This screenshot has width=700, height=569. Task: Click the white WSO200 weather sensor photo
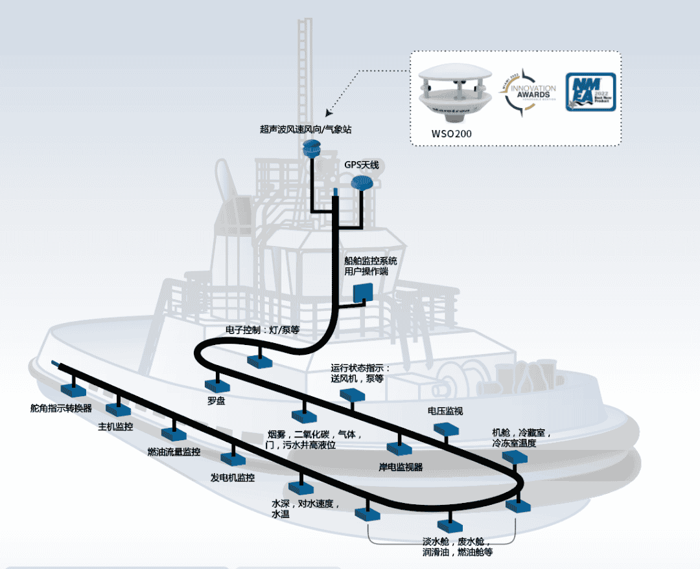pyautogui.click(x=453, y=91)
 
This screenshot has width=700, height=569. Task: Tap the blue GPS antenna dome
pyautogui.click(x=361, y=184)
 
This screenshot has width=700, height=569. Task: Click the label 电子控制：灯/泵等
pyautogui.click(x=262, y=330)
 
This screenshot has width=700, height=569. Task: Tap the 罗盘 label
pyautogui.click(x=216, y=401)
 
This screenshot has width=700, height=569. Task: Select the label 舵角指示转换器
pyautogui.click(x=61, y=408)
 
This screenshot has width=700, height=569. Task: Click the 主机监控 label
pyautogui.click(x=115, y=427)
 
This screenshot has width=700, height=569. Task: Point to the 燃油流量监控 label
pyautogui.click(x=174, y=451)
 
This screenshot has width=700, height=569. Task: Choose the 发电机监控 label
pyautogui.click(x=232, y=478)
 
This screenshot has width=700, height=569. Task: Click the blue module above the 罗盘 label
pyautogui.click(x=215, y=384)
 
